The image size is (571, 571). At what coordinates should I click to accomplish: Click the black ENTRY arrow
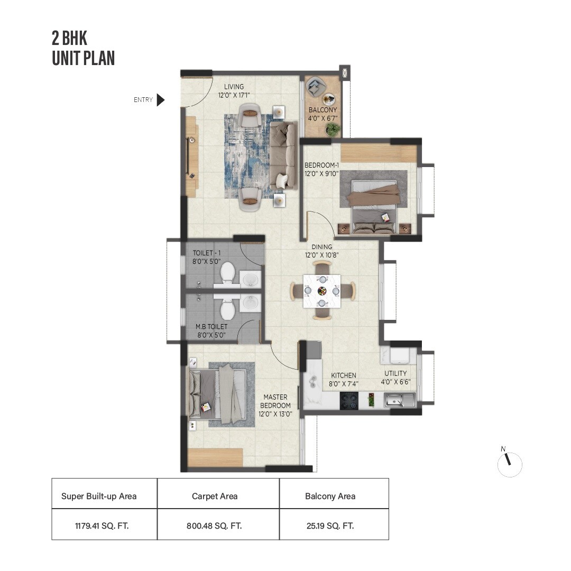(x=161, y=100)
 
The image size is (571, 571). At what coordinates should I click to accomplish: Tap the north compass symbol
(x=510, y=464)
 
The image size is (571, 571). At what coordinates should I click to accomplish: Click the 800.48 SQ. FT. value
(x=218, y=526)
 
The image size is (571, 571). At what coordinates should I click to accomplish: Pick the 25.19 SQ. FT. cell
(x=334, y=526)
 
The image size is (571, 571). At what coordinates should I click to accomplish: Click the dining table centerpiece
(x=322, y=291)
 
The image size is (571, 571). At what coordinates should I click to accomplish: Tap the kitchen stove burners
(x=349, y=400)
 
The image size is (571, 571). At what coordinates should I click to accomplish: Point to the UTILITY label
(x=395, y=377)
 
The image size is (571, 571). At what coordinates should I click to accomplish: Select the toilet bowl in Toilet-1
(x=227, y=273)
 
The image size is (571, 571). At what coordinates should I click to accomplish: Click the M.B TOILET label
(x=211, y=330)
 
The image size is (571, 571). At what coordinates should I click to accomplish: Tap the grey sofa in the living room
(x=284, y=156)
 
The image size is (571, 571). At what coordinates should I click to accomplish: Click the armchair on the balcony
(x=316, y=86)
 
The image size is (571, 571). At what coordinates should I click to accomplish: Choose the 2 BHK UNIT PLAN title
(x=83, y=48)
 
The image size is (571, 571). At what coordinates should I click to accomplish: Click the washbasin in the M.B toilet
(x=251, y=303)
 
